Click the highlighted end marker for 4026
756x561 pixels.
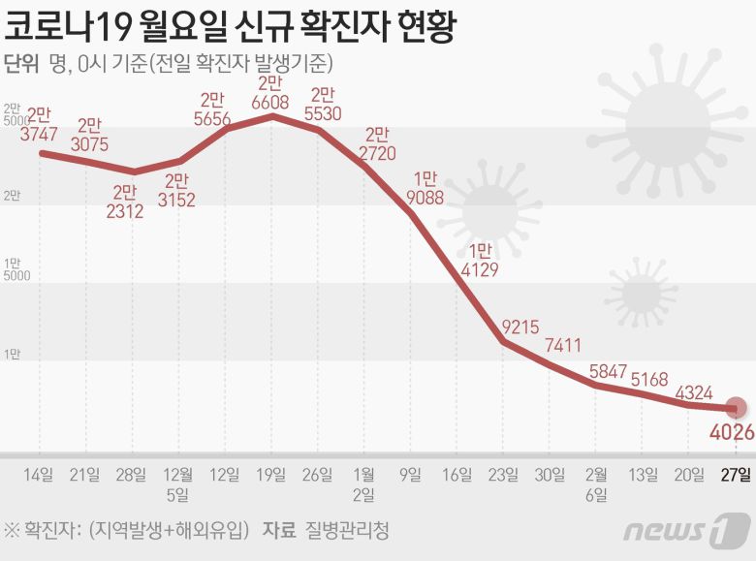[x=737, y=408]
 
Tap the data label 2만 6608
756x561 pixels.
[x=272, y=92]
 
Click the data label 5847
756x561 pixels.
[x=606, y=369]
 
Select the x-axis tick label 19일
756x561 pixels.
[x=272, y=474]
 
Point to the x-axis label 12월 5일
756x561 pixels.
[x=178, y=483]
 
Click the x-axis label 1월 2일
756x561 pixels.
[x=365, y=483]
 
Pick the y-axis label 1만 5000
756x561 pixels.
[x=17, y=269]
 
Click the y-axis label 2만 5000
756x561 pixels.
[x=17, y=114]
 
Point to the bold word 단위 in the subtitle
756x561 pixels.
[x=21, y=65]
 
